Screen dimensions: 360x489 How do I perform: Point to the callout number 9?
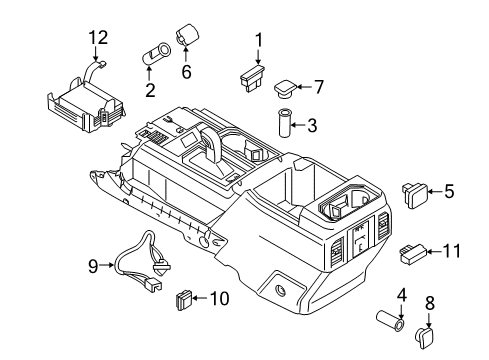(x=91, y=267)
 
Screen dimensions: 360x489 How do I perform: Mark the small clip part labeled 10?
(x=182, y=297)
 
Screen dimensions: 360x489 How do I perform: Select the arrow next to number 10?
(x=200, y=297)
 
